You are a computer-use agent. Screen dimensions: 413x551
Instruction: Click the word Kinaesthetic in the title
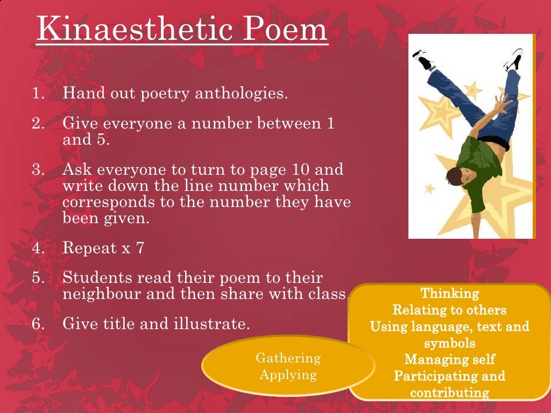(x=129, y=30)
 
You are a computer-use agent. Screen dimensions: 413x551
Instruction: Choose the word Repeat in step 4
(x=89, y=248)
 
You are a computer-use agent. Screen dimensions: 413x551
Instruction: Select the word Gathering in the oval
(x=288, y=358)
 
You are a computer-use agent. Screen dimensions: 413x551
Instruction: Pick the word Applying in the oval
(x=288, y=375)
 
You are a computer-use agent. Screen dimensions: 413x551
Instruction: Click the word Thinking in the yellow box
(x=449, y=294)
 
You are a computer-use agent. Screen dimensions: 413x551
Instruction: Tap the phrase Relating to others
(x=449, y=310)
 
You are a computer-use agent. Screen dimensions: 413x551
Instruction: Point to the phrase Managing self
(x=449, y=359)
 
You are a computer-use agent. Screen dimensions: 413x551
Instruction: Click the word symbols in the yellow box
(x=449, y=343)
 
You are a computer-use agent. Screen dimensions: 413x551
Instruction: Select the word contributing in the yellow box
(x=449, y=393)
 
